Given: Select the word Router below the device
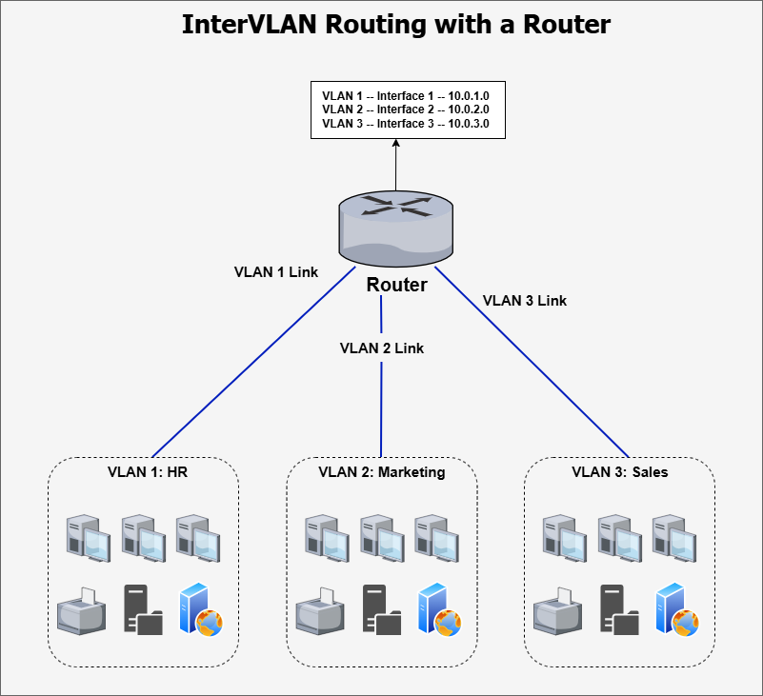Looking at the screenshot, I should pos(397,285).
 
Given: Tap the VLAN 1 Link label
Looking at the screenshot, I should pos(276,271).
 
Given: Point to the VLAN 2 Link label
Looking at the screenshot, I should pos(382,348).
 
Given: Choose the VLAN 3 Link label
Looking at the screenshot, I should pos(525,300).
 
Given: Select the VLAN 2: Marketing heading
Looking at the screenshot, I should pos(381,472).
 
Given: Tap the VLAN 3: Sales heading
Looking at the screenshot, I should pos(619,472).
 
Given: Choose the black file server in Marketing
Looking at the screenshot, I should pos(381,609).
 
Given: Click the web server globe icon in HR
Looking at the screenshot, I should pos(201,609).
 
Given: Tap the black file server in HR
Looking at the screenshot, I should pos(143,609).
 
